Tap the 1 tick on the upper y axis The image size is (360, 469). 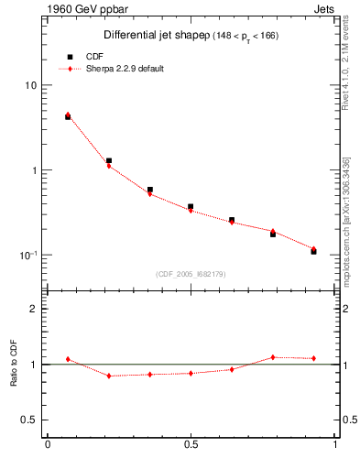35,170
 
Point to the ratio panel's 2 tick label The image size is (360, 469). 35,309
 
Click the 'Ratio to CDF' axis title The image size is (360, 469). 14,364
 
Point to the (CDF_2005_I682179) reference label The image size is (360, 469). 191,273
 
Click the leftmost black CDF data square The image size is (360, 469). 68,117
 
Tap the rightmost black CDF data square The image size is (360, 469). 313,251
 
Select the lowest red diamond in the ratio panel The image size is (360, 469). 109,376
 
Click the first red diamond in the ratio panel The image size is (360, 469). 68,359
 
